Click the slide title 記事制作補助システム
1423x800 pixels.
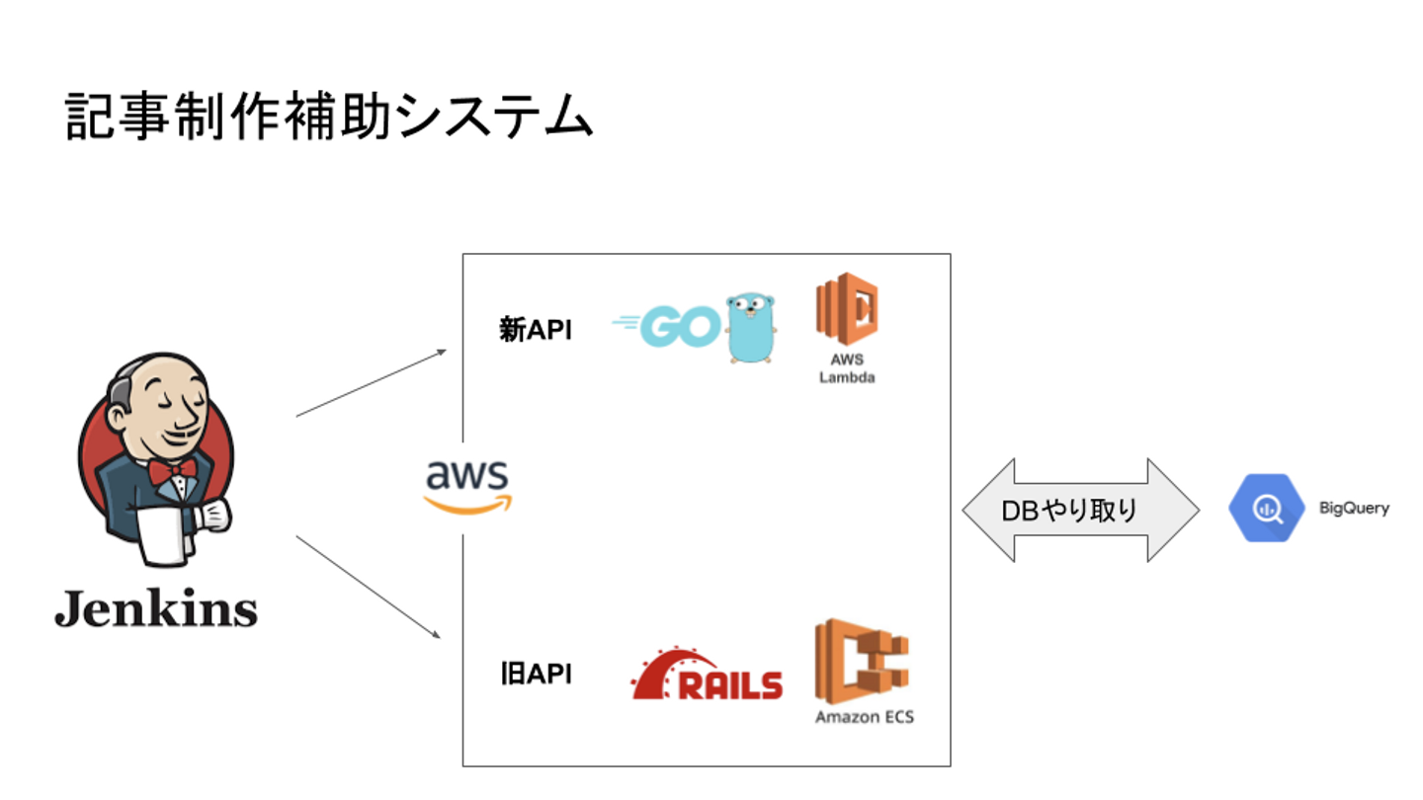pos(328,118)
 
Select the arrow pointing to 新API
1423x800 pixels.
pos(371,383)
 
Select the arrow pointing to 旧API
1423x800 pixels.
pos(368,587)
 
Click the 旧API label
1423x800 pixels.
pos(535,675)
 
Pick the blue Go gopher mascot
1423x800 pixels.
pos(750,327)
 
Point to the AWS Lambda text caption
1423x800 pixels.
pos(847,368)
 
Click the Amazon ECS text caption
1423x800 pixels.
pos(864,717)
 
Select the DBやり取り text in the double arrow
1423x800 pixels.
pos(1069,511)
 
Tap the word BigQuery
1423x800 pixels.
pos(1354,509)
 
